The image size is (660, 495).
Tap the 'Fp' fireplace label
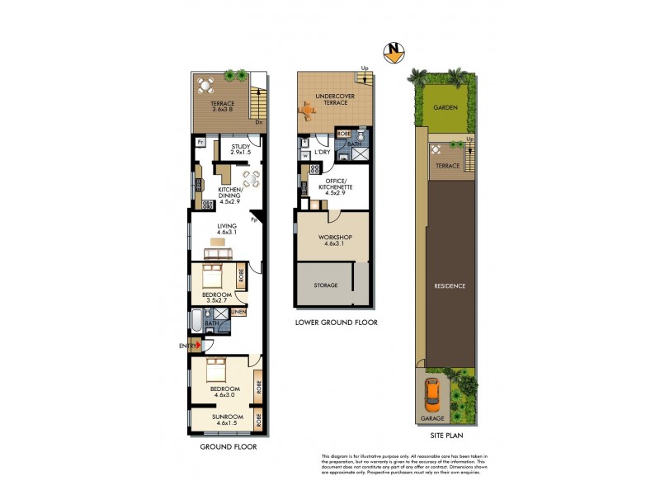click(255, 220)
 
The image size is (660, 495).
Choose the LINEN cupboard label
click(238, 312)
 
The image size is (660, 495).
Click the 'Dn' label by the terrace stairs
click(258, 122)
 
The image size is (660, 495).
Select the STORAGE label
click(325, 285)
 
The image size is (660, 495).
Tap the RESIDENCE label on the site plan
click(450, 286)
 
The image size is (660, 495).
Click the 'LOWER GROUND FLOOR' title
click(336, 323)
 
